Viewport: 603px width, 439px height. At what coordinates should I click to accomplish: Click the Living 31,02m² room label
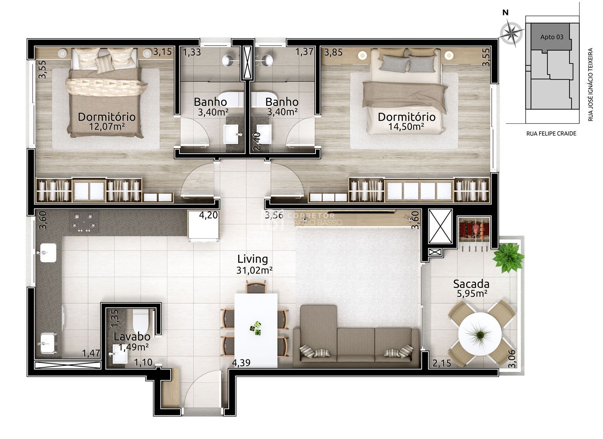click(253, 264)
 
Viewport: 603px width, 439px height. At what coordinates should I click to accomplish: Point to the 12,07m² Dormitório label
click(107, 121)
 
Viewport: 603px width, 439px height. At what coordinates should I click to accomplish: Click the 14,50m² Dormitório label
click(406, 121)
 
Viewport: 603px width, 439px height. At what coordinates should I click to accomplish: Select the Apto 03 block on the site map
click(552, 37)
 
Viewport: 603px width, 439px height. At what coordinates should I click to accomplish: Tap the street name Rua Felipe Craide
click(551, 134)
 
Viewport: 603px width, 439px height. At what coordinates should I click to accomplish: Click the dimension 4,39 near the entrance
click(241, 363)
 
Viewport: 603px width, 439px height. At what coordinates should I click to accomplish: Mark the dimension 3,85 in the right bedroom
click(334, 52)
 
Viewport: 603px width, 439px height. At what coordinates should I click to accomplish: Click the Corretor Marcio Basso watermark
click(301, 219)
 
